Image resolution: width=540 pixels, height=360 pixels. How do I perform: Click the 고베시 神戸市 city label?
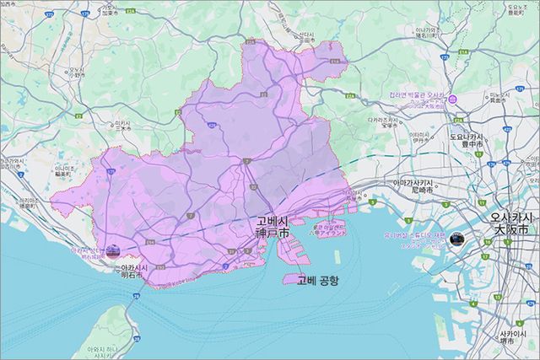click(273, 226)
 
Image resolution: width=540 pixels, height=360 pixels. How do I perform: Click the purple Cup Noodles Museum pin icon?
click(454, 99)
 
